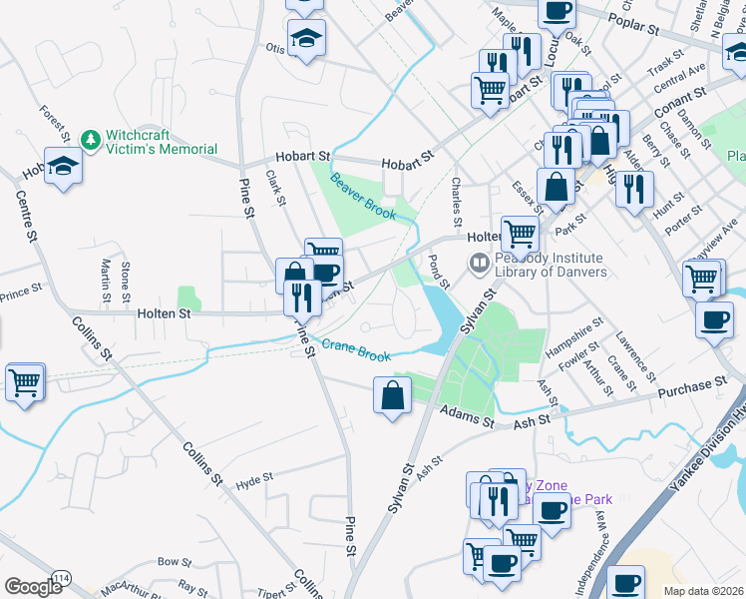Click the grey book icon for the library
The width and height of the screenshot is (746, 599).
[x=479, y=264]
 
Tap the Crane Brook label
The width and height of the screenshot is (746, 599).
[x=356, y=350]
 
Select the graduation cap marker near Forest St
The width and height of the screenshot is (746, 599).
[x=63, y=167]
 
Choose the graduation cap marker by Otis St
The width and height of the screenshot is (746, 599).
[x=306, y=40]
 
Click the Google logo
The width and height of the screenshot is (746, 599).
[x=33, y=586]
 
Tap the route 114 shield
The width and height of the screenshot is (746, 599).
[x=62, y=579]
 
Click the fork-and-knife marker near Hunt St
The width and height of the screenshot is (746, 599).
[x=633, y=189]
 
